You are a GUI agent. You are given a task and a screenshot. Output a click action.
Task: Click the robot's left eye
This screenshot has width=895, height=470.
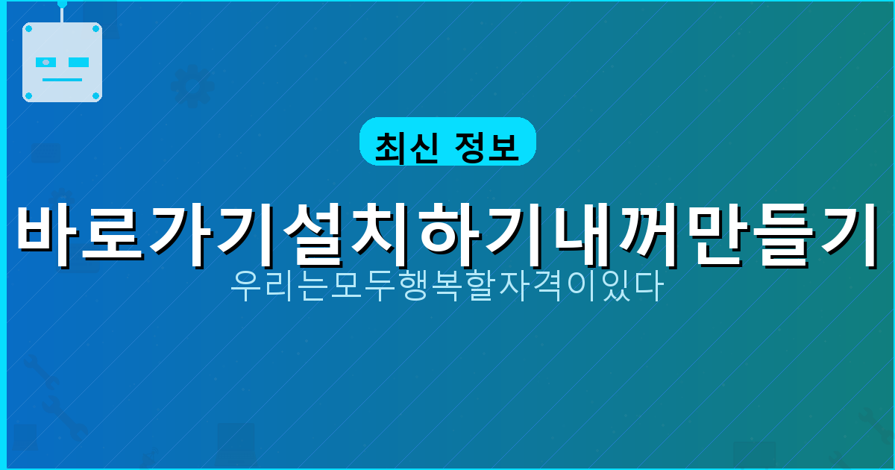click(x=46, y=62)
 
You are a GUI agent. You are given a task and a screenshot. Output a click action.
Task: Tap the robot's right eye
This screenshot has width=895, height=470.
click(x=78, y=62)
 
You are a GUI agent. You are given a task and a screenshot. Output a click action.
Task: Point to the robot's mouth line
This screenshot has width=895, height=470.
click(x=62, y=79)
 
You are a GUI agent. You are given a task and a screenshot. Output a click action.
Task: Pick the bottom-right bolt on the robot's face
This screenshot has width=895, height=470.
click(x=95, y=95)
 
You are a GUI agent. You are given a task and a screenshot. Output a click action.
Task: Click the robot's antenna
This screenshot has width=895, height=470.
click(x=62, y=9)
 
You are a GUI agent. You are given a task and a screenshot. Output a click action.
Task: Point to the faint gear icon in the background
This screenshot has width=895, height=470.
click(x=192, y=87)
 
